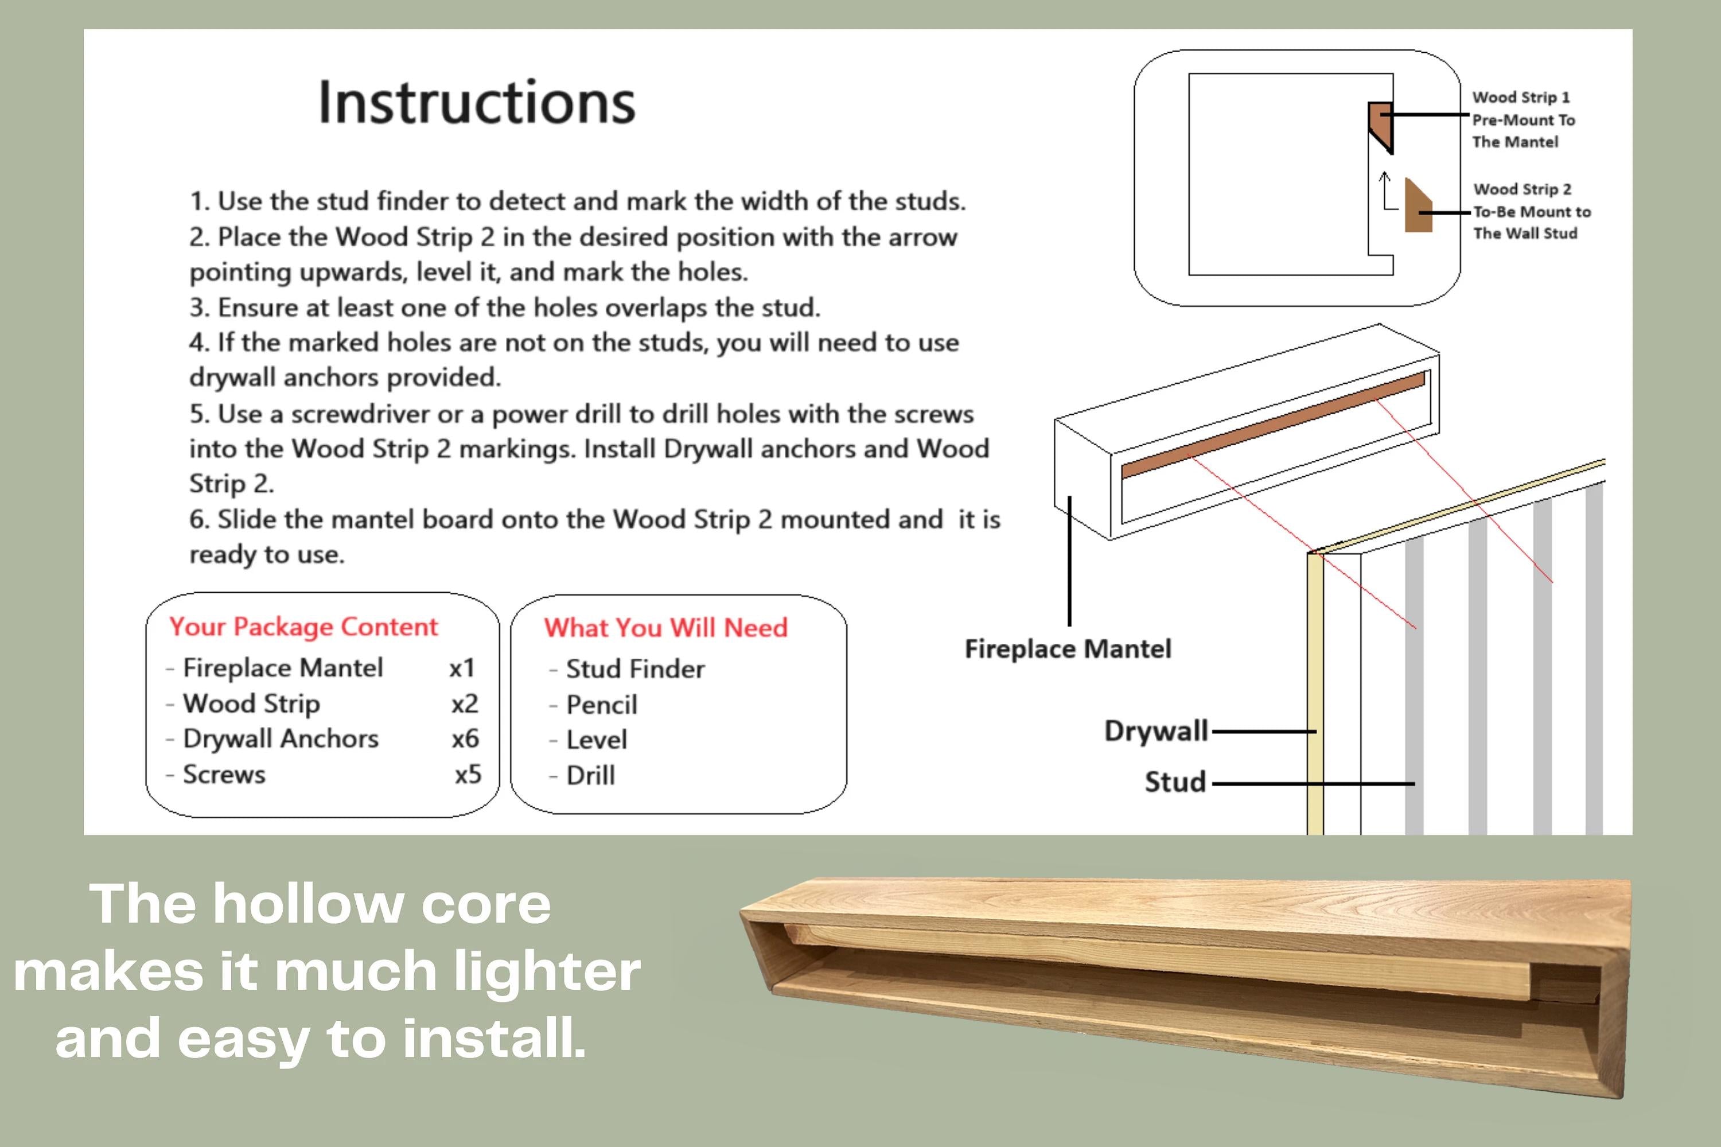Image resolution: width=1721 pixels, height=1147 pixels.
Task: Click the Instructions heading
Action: coord(477,102)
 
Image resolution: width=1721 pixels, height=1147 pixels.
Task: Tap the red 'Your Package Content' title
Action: coord(303,627)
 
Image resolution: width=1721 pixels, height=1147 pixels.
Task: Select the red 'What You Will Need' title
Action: coord(665,628)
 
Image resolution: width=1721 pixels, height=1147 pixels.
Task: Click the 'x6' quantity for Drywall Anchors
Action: coord(465,739)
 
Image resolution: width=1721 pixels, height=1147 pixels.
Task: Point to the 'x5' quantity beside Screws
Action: coord(468,774)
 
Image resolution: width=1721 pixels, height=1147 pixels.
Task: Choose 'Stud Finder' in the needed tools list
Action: coord(635,668)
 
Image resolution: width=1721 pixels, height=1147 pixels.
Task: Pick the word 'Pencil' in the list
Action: coord(601,705)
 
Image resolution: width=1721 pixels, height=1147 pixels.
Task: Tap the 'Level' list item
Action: coord(596,740)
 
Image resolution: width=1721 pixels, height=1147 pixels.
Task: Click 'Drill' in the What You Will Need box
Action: coord(590,775)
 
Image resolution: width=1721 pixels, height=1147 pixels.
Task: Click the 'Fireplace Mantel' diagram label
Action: coord(1067,649)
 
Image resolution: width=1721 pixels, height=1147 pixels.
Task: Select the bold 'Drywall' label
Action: coord(1155,731)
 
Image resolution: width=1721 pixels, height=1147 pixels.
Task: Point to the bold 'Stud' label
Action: coord(1175,782)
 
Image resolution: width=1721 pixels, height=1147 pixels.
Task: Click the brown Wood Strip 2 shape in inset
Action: coord(1417,210)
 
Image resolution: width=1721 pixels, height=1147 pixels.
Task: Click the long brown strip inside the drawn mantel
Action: coord(1272,426)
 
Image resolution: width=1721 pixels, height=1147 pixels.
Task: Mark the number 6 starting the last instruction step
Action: coord(197,520)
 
